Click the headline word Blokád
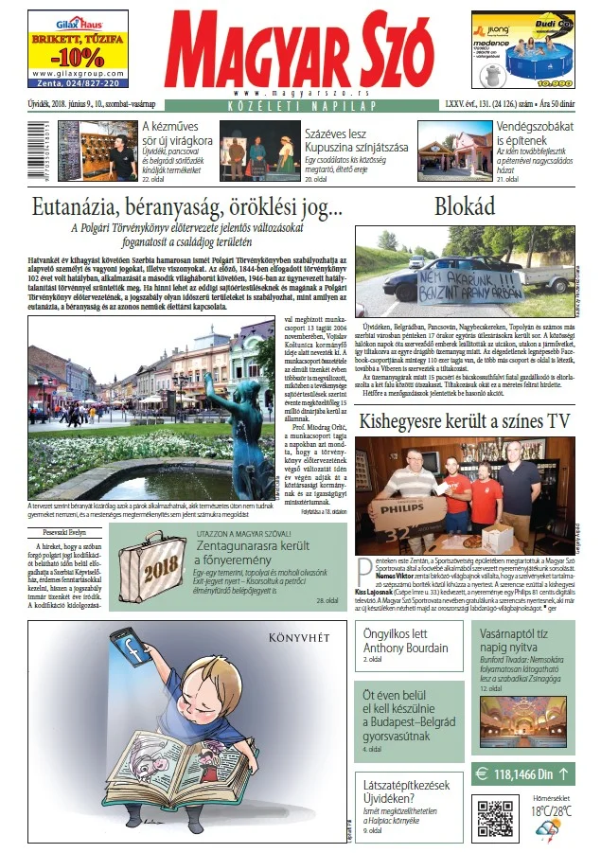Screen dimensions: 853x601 pyautogui.click(x=466, y=207)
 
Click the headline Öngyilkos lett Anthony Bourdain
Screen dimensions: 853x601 pyautogui.click(x=406, y=641)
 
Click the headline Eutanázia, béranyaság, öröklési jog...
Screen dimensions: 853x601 pyautogui.click(x=186, y=208)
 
